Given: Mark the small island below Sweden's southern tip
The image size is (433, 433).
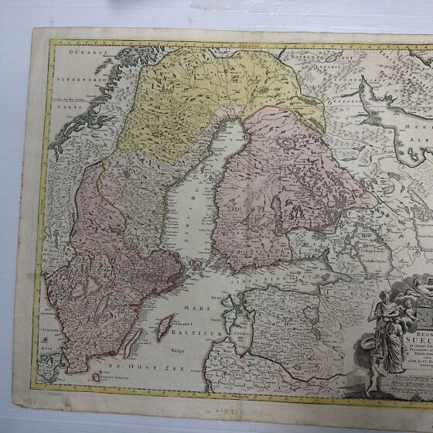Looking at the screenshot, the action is pos(96,377).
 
